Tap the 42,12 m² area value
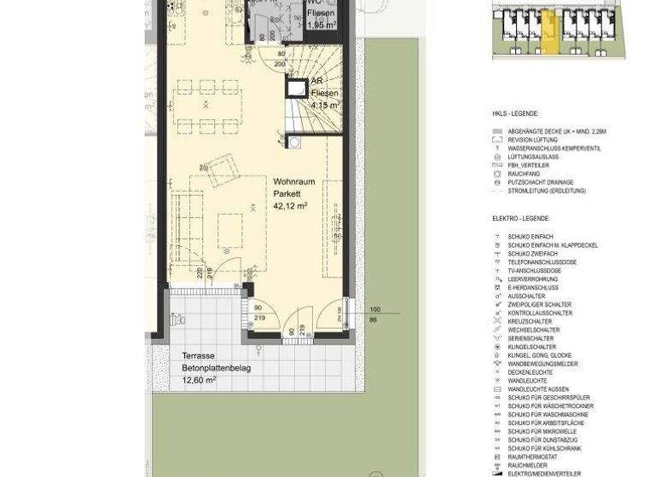click(x=291, y=206)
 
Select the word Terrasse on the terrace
click(x=198, y=355)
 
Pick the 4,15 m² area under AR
click(x=325, y=105)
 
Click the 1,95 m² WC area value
click(x=322, y=26)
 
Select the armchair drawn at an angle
click(x=222, y=170)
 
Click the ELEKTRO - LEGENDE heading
click(x=526, y=218)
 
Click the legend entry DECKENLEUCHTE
click(x=530, y=372)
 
